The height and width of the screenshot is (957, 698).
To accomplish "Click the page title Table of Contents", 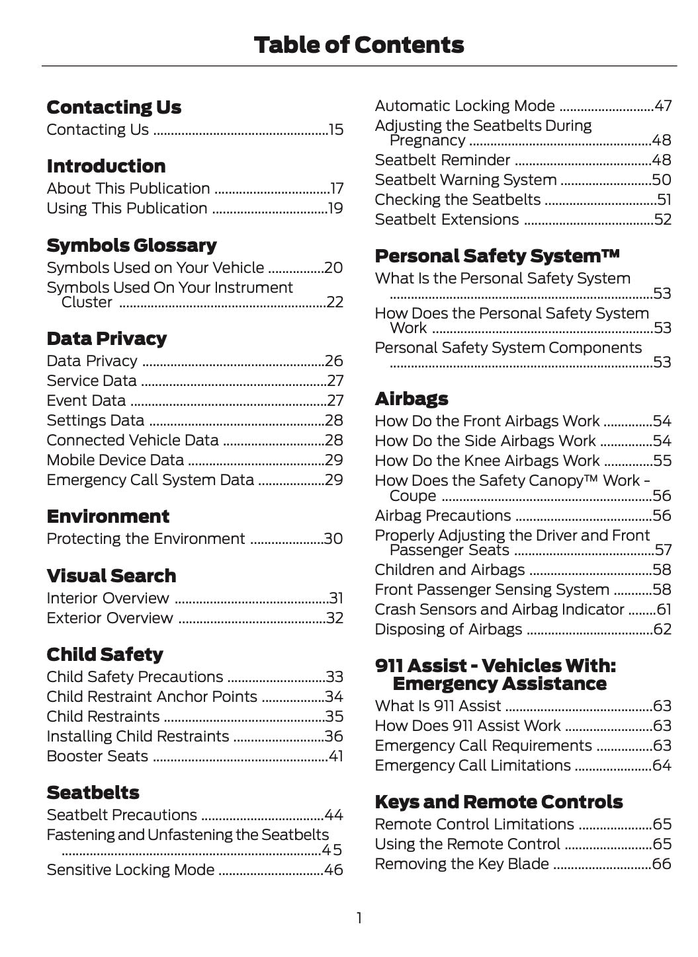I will [x=359, y=45].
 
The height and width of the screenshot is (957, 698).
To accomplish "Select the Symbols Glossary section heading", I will [x=131, y=245].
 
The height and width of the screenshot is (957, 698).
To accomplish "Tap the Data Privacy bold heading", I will [x=107, y=338].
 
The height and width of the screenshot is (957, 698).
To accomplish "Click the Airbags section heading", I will [x=411, y=399].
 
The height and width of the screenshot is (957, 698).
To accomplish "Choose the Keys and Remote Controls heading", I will [x=498, y=802].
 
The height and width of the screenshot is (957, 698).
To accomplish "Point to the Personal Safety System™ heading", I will [x=497, y=256].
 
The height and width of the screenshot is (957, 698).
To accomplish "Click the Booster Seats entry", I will [x=97, y=756].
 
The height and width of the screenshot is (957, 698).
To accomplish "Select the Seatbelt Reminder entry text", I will [x=442, y=160].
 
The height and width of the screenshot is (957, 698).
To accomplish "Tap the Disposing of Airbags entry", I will [x=448, y=629].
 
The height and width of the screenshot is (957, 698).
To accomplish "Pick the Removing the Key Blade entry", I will [x=461, y=864].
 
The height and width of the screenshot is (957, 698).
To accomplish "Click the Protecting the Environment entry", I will [x=146, y=539].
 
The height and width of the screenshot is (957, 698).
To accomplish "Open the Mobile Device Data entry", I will [x=115, y=460].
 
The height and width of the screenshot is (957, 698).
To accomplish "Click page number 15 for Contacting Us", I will [x=335, y=130].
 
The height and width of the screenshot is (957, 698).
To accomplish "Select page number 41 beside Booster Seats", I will [x=335, y=756].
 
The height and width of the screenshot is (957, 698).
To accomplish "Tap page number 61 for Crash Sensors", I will [x=663, y=609].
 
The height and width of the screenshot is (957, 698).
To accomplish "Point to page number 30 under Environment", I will [x=333, y=539].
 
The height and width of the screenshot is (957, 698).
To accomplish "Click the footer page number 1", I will [x=359, y=917].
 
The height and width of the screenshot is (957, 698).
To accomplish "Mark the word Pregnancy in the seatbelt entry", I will [x=427, y=140].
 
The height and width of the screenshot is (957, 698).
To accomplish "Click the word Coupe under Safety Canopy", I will [x=413, y=496].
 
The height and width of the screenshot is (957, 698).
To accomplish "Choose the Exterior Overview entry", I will [x=110, y=618].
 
